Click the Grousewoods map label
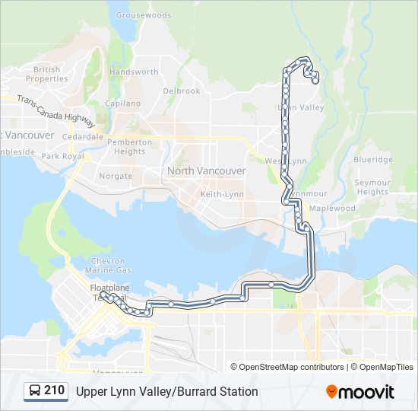144,14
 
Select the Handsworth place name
134,72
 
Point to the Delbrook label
182,91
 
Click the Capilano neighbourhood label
122,104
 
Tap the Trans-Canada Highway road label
56,110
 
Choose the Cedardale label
84,137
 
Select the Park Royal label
62,156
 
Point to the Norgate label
116,176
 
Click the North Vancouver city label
207,171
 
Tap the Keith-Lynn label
222,195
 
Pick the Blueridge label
373,160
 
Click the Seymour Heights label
372,187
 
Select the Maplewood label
333,209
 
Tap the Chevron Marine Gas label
109,266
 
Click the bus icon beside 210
35,391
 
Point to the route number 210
55,391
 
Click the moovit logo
360,392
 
